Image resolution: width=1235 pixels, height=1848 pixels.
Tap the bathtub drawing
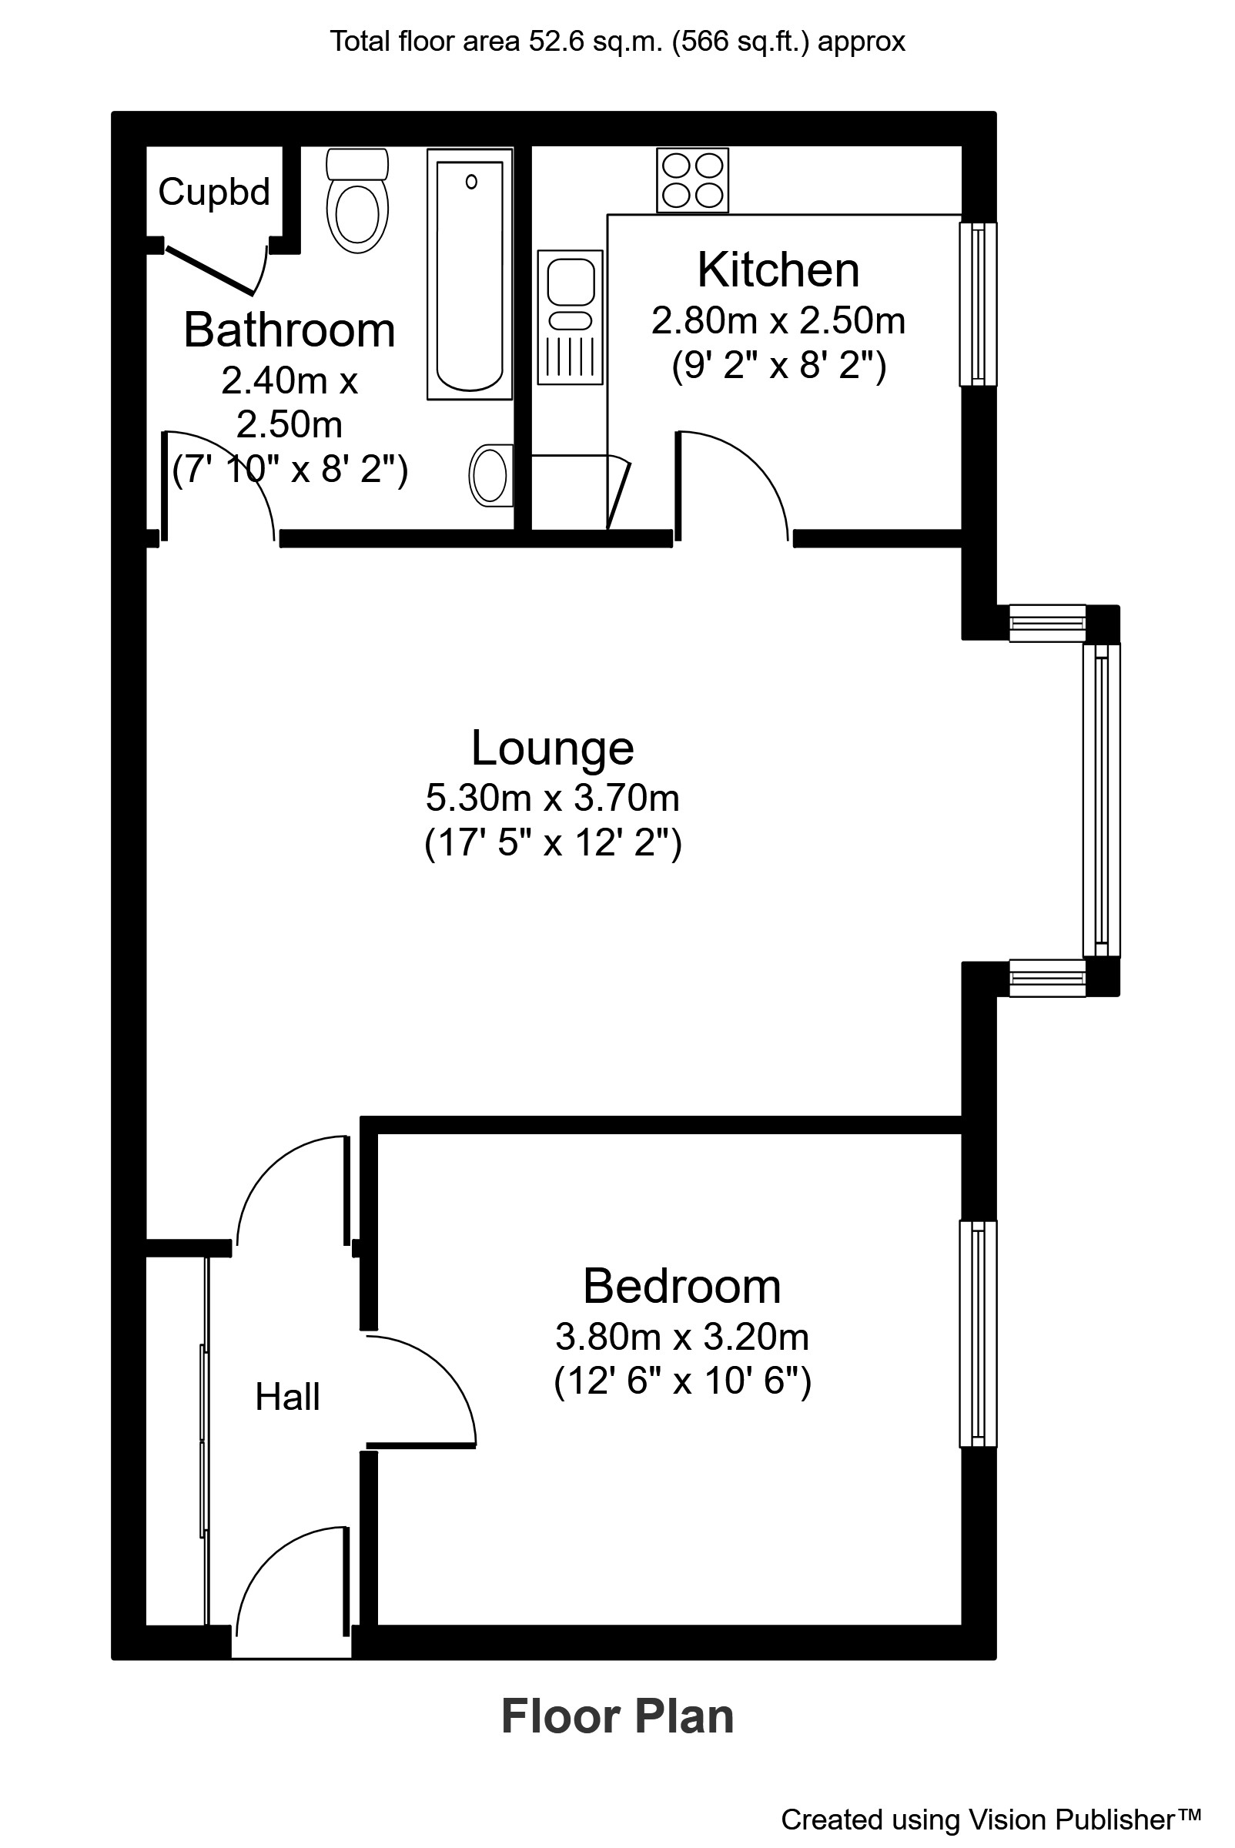(470, 273)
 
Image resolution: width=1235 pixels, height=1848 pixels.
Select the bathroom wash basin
(490, 476)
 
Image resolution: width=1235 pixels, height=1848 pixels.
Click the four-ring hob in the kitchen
(692, 180)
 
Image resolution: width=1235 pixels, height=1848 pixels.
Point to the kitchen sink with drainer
(571, 316)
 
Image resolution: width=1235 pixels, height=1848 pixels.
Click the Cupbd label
(214, 192)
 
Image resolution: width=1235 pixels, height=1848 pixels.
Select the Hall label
(287, 1398)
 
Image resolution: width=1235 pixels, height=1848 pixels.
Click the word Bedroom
(682, 1287)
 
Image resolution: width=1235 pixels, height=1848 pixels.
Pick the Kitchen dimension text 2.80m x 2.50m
(778, 321)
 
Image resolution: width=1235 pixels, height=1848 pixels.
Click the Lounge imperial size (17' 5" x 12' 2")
(552, 843)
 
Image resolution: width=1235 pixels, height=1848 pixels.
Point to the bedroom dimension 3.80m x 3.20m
(682, 1337)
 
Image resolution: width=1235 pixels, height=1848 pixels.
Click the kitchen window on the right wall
(977, 304)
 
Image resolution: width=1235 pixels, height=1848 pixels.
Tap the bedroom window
(977, 1334)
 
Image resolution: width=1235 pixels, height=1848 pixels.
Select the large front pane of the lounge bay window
(1101, 800)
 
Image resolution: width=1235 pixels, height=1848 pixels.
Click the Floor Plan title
(617, 1717)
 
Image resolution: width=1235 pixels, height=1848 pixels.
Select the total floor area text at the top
(617, 41)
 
